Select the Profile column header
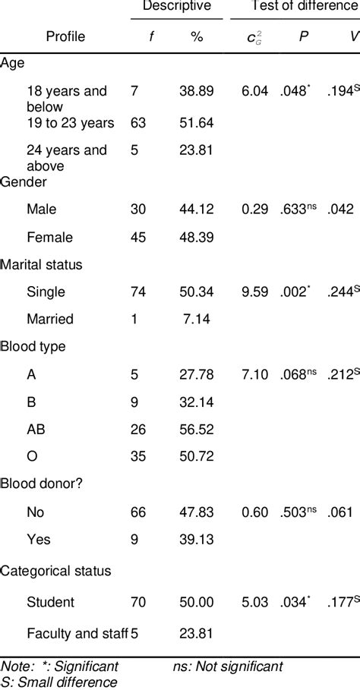66,36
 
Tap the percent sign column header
197,36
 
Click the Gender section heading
25,182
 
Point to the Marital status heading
43,264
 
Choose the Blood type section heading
33,346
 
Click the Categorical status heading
56,571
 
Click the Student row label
50,603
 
